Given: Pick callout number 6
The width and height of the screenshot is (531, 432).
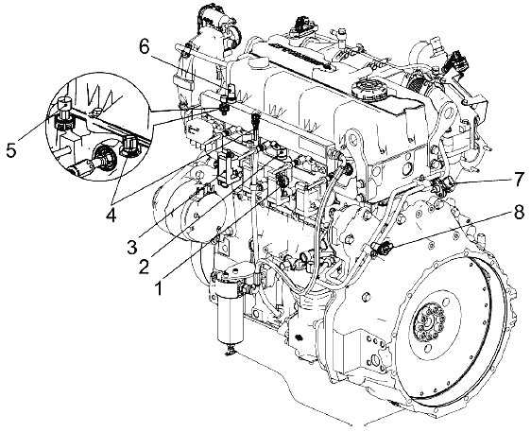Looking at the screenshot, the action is pos(145,48).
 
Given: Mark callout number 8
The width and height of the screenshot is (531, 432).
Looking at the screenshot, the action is pos(517,212).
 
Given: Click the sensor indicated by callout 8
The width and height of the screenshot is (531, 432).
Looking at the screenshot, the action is pos(382,250).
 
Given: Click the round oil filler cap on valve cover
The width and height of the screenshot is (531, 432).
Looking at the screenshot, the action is pos(368,89).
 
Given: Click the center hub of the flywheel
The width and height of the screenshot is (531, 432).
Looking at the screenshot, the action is pos(430,321).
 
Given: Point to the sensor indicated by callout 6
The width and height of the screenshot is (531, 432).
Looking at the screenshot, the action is pos(225,104).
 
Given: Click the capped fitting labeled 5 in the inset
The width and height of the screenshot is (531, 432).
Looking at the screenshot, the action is pos(63,112).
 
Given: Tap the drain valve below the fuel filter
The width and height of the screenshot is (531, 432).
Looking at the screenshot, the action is pos(230,349).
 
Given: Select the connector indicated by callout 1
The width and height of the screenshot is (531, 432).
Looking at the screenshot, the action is pos(281,181).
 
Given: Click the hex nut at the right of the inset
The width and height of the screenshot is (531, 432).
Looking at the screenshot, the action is pos(128,147).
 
